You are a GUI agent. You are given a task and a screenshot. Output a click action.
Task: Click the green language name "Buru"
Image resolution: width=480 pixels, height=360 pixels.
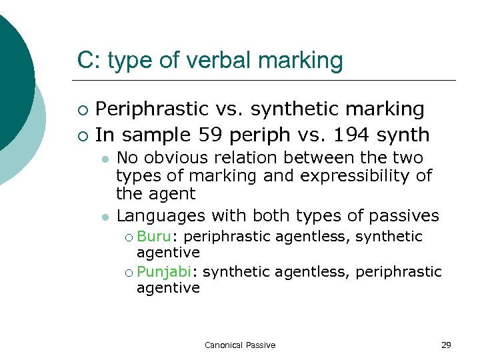[153, 237]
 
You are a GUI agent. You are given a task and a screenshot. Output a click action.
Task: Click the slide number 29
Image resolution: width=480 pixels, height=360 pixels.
[446, 345]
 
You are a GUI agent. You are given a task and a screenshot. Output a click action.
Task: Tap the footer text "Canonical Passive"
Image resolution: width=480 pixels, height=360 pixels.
[240, 345]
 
